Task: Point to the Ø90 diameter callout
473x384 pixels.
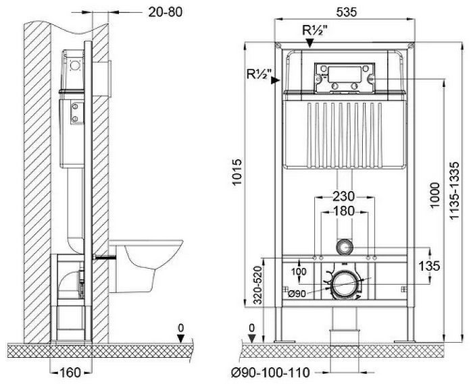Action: (297, 292)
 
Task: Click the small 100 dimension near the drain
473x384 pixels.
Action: (297, 271)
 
